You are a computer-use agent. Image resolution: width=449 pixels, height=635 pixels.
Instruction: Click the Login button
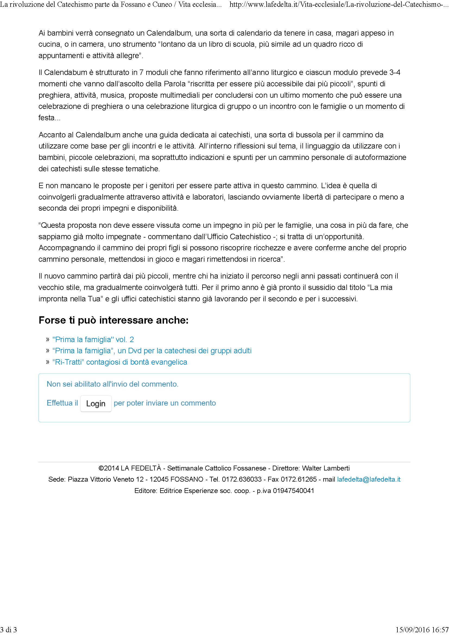[x=96, y=403]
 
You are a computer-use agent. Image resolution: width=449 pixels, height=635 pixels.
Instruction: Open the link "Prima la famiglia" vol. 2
[x=93, y=339]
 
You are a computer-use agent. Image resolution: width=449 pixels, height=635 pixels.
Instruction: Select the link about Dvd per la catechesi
[x=152, y=351]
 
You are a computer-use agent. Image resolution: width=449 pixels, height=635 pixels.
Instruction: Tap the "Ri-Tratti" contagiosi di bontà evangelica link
[x=119, y=362]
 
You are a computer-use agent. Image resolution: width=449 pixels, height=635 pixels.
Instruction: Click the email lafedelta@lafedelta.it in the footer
[x=369, y=479]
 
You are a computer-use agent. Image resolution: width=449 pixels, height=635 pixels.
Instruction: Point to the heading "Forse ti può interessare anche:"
[x=113, y=320]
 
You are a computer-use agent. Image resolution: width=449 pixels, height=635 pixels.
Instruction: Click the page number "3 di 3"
[x=9, y=630]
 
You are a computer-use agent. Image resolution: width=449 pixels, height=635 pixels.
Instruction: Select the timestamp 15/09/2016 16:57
[x=422, y=630]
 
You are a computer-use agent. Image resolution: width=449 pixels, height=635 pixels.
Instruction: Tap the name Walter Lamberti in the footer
[x=326, y=468]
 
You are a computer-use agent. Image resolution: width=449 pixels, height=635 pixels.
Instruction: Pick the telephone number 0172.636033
[x=242, y=479]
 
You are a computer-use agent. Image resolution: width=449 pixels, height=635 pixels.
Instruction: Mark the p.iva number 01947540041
[x=293, y=491]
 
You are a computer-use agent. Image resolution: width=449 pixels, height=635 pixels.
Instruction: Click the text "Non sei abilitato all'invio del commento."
[x=113, y=384]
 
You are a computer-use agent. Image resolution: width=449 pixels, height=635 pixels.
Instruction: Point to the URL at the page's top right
[x=339, y=5]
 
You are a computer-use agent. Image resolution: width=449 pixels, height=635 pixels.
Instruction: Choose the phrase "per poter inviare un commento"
[x=165, y=403]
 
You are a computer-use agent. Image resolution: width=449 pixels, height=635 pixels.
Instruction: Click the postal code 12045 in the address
[x=159, y=479]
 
